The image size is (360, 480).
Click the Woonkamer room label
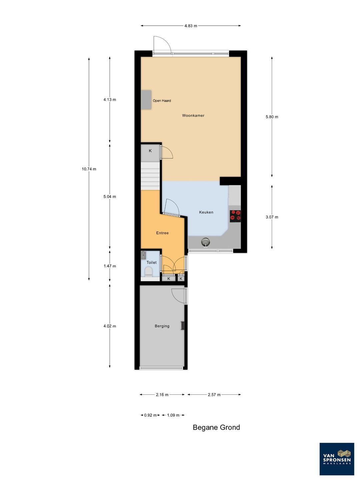point(193,115)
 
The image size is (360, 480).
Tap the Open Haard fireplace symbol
point(146,99)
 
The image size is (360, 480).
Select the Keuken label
point(206,212)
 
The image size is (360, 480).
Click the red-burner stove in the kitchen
point(235,216)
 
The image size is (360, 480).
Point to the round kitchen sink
point(205,242)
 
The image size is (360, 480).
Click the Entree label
point(162,233)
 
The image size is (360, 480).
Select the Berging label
point(162,326)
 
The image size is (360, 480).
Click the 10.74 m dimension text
point(89,169)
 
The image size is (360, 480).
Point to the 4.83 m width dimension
point(191,26)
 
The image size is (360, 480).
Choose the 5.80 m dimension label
point(272,117)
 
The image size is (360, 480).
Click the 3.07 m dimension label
point(272,217)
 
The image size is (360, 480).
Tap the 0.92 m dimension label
point(150,415)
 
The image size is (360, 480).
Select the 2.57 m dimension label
point(214,395)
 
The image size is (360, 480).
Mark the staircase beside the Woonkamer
point(150,176)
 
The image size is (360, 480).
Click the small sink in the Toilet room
point(143,255)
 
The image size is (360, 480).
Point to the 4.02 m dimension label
point(110,326)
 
